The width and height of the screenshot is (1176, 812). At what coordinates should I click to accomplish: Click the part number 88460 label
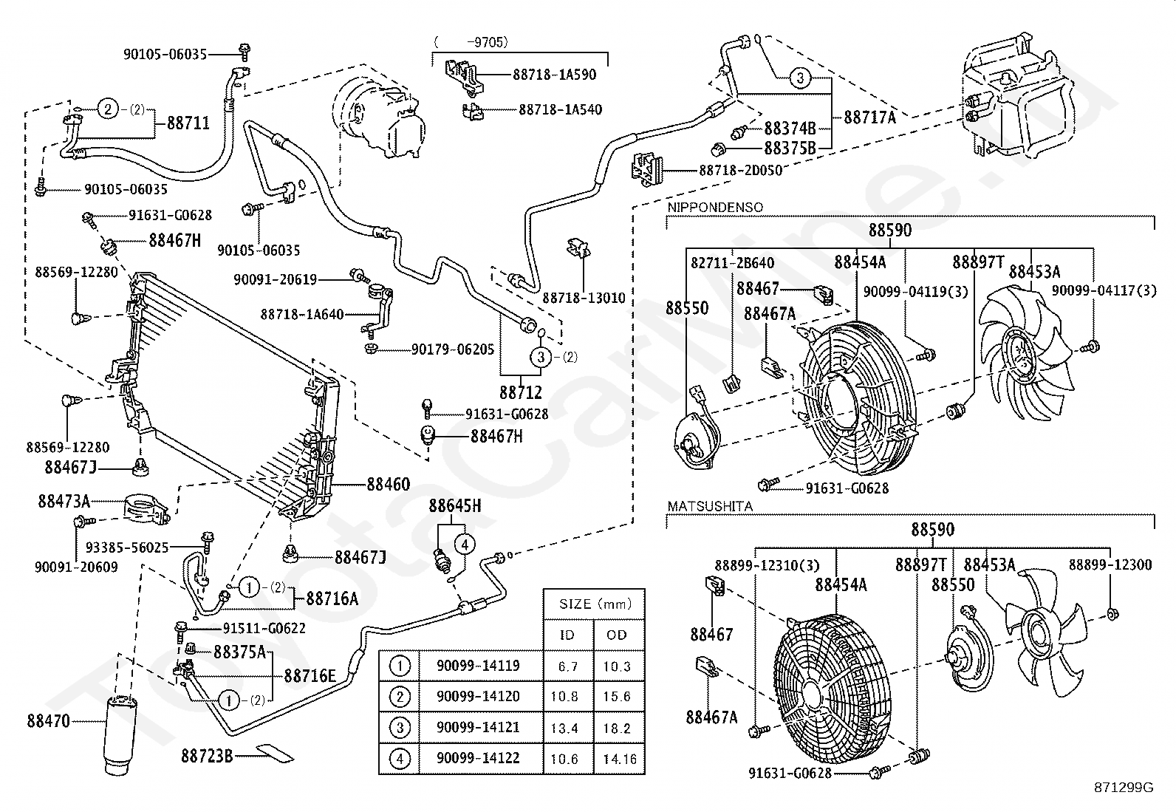pos(388,485)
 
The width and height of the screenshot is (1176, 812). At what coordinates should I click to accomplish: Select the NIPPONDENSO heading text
pos(715,208)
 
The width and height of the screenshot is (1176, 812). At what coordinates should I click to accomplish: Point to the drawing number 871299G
pos(1124,788)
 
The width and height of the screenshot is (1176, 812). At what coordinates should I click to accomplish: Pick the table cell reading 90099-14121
pos(478,727)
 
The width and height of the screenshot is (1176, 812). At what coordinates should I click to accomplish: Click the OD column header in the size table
pos(617,635)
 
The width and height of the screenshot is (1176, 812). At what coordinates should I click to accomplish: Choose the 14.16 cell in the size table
pos(618,759)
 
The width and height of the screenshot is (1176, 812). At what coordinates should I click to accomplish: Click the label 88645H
pos(454,506)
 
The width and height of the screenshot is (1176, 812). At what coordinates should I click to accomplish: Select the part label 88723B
pos(207,756)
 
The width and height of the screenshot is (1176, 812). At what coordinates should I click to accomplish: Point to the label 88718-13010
pos(584,298)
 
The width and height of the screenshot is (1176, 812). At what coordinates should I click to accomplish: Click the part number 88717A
pos(869,116)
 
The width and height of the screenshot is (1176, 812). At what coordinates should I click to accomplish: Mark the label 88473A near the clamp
pos(64,502)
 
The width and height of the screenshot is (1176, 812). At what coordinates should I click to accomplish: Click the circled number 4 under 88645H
pos(465,545)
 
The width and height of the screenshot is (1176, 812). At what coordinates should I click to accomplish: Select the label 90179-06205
pos(452,349)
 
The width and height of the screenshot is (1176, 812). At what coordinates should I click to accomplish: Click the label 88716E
pos(310,675)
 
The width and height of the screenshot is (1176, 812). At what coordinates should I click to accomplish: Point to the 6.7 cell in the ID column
pos(568,666)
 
